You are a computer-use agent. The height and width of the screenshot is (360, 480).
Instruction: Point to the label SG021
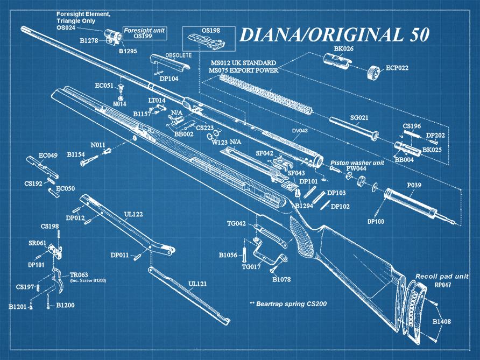coord(359,118)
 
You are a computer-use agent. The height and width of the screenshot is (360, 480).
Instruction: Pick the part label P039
coord(414,185)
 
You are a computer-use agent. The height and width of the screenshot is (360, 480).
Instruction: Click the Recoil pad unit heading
coord(442,276)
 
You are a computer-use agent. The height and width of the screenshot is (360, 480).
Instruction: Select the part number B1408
coord(442,322)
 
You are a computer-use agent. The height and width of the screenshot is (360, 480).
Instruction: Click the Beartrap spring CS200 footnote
coord(288,304)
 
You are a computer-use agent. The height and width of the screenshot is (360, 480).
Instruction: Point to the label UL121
coord(197,284)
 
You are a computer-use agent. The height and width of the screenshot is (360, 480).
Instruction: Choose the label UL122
coord(133,214)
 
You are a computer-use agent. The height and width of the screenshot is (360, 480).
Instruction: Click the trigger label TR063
coord(79,274)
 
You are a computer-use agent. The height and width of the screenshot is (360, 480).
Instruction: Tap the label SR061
coord(37,243)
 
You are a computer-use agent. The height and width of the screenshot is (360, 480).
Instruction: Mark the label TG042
coord(236,224)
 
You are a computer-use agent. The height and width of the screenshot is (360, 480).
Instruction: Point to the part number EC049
coord(48,156)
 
